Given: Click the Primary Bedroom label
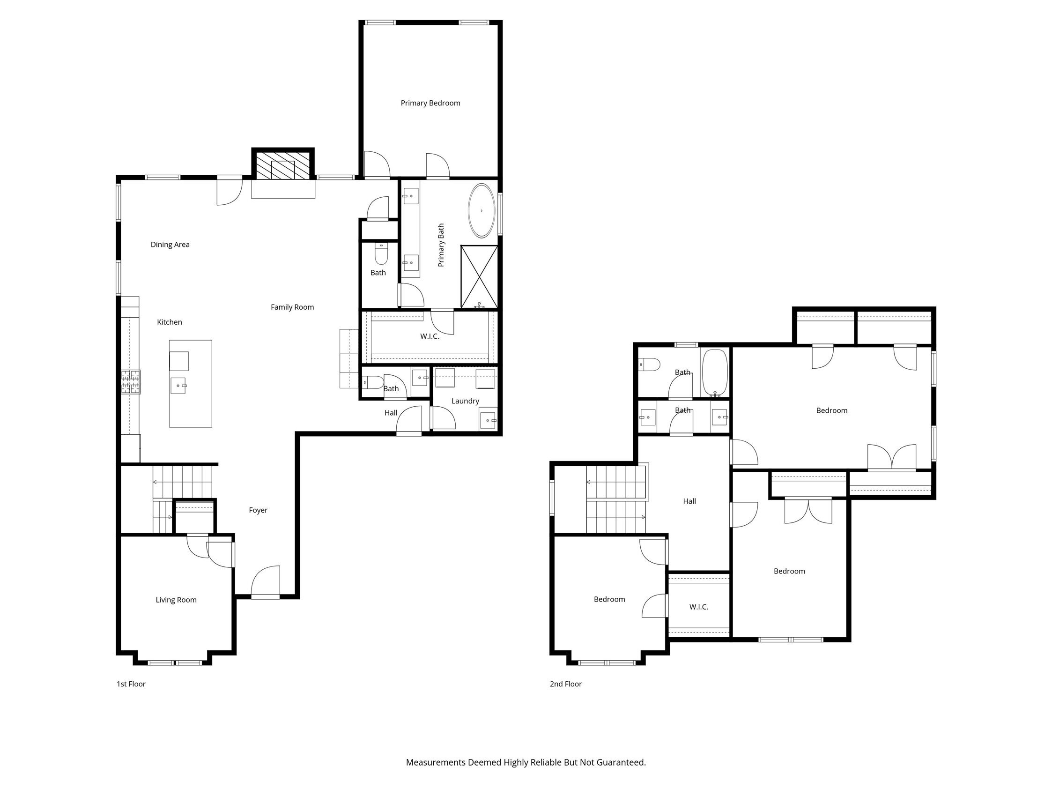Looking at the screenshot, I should pos(430,103).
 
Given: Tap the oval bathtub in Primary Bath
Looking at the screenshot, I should pos(482,210).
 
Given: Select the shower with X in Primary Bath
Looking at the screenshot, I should pos(479,276).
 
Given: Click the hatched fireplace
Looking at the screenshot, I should pos(283,165).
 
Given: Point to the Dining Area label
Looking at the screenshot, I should pos(170,245).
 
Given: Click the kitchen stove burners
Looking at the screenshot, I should pos(130,382).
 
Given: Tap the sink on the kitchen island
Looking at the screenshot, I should pos(178,385).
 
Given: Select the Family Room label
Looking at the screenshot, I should pos(292,307).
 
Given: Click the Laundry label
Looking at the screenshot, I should pos(465,401).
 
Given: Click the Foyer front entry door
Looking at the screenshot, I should pos(266,581).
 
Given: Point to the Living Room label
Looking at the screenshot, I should pos(176,600).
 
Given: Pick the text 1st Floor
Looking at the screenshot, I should pos(131,684).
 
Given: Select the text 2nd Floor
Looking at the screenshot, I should pos(565,684).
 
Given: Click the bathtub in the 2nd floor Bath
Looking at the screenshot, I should pos(715,372).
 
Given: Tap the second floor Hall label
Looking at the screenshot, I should pos(689,501).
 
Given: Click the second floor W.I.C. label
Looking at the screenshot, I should pos(698,607).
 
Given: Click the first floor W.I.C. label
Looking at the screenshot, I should pos(429,336).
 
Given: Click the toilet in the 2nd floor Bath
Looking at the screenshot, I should pos(649,365).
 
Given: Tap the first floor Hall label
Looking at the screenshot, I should pos(391,413).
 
